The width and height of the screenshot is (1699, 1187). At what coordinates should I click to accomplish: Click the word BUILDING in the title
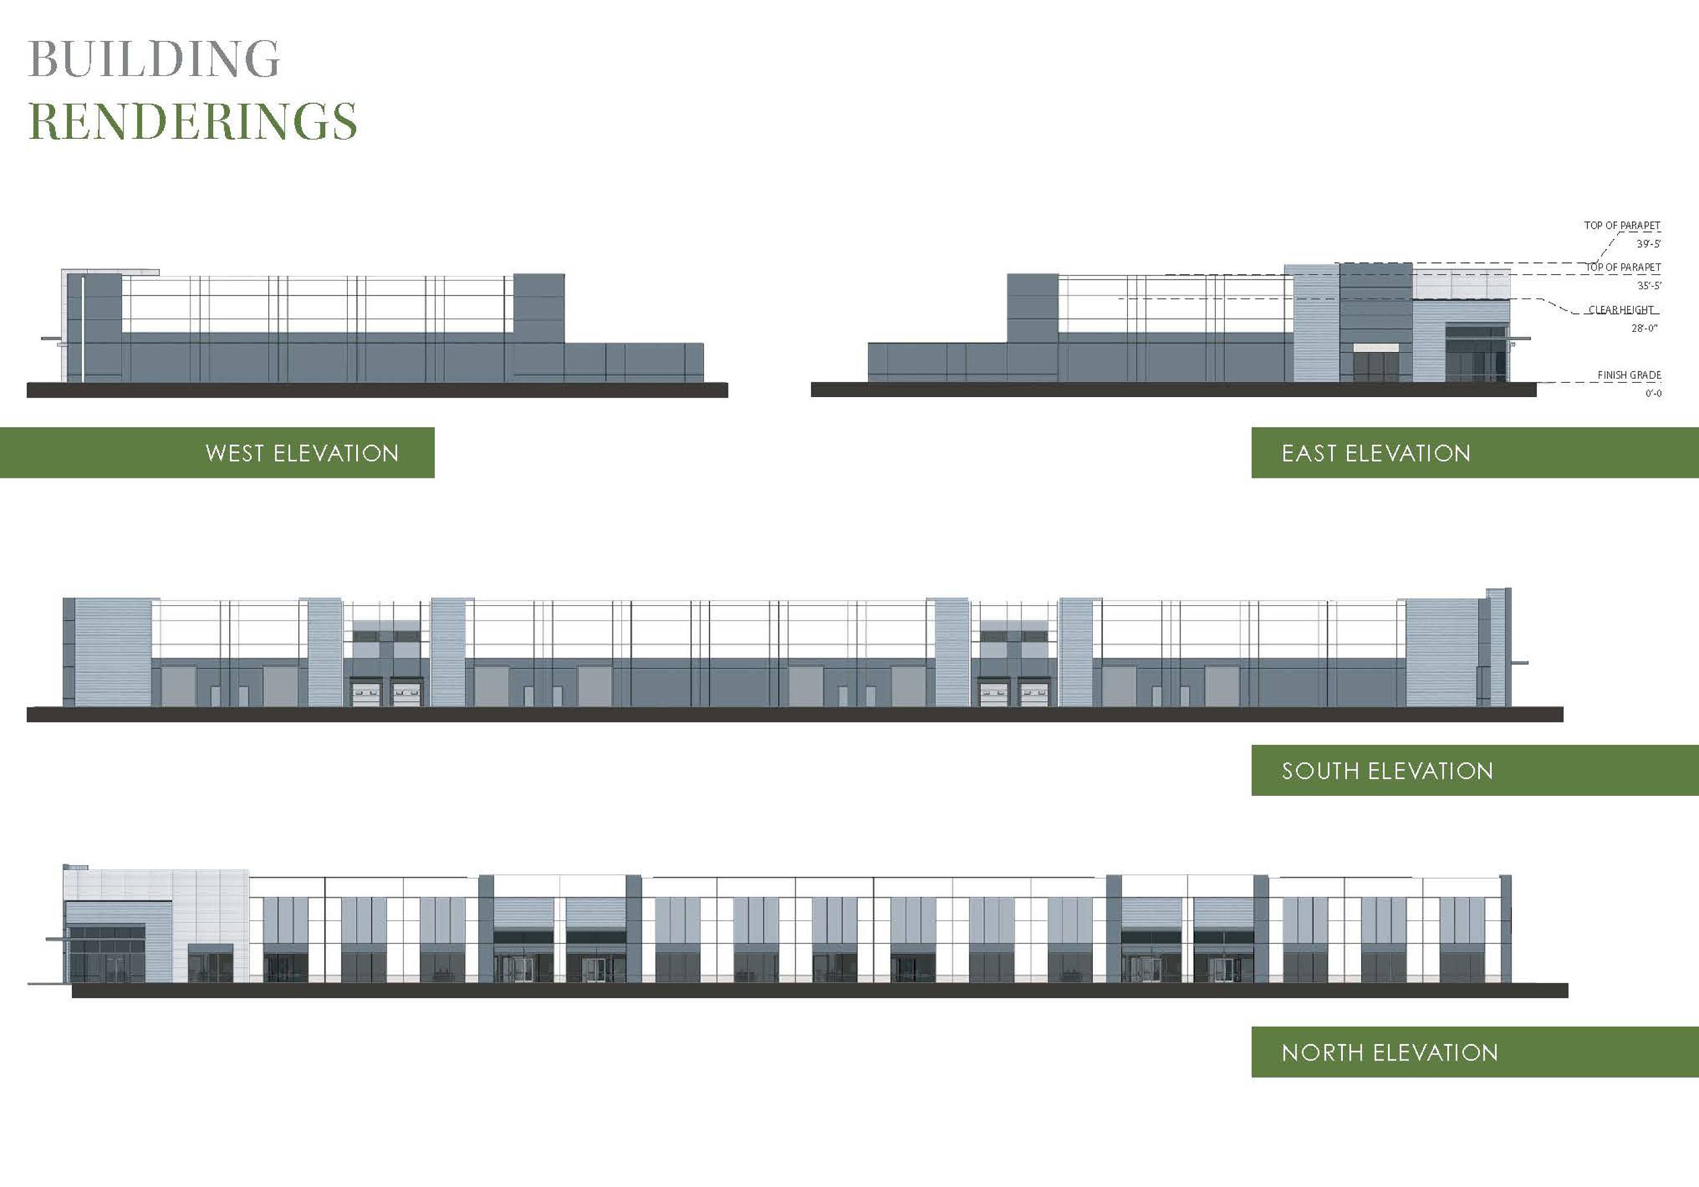pyautogui.click(x=154, y=59)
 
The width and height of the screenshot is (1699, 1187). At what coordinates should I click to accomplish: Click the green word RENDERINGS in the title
pyautogui.click(x=192, y=120)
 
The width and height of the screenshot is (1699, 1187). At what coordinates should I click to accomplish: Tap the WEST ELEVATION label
pyautogui.click(x=302, y=453)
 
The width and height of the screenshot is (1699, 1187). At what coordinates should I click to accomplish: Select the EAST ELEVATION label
pyautogui.click(x=1375, y=453)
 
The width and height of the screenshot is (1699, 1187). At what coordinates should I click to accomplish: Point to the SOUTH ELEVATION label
pyautogui.click(x=1387, y=771)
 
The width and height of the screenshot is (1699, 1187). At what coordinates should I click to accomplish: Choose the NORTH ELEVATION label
pyautogui.click(x=1390, y=1052)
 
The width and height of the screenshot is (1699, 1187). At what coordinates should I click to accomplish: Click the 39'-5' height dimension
pyautogui.click(x=1649, y=243)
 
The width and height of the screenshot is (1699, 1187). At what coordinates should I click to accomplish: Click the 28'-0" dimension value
pyautogui.click(x=1644, y=328)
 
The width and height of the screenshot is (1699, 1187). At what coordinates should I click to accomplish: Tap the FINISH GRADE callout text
pyautogui.click(x=1630, y=375)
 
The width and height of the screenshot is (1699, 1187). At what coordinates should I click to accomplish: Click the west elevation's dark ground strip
pyautogui.click(x=378, y=390)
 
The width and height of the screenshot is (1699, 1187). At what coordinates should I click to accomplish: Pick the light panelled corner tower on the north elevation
pyautogui.click(x=157, y=925)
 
